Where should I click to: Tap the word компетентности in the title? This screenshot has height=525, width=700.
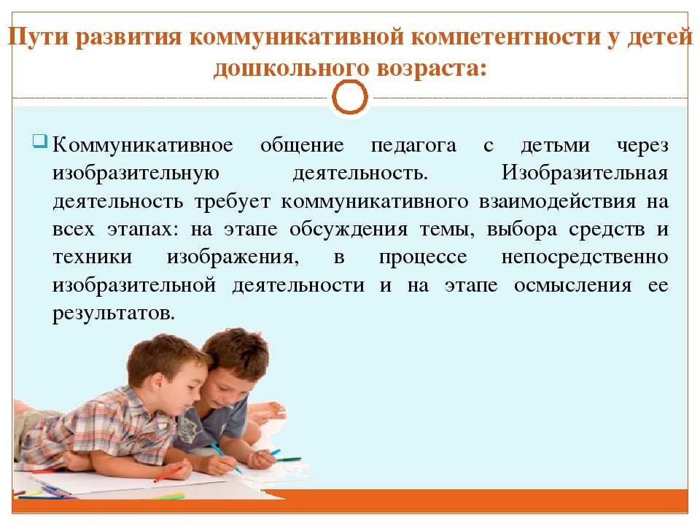[505, 36]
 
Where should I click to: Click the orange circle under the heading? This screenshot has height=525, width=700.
[350, 97]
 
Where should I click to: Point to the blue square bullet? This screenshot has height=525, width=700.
[39, 141]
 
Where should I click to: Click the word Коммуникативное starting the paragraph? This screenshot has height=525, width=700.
[143, 145]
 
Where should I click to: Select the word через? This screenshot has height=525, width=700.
[642, 147]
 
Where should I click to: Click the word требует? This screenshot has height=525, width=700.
[233, 202]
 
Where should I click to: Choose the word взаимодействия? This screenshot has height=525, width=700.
[558, 202]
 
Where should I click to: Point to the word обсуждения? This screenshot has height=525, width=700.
[349, 230]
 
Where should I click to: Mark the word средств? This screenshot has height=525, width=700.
[607, 230]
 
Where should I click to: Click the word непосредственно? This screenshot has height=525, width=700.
[585, 257]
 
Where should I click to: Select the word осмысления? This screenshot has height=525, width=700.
[573, 286]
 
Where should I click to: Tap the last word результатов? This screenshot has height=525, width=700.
[114, 314]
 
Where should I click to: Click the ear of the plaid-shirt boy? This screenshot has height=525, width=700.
[157, 381]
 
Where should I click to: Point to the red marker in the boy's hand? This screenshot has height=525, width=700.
[170, 474]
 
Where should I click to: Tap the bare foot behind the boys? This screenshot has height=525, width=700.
[267, 411]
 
